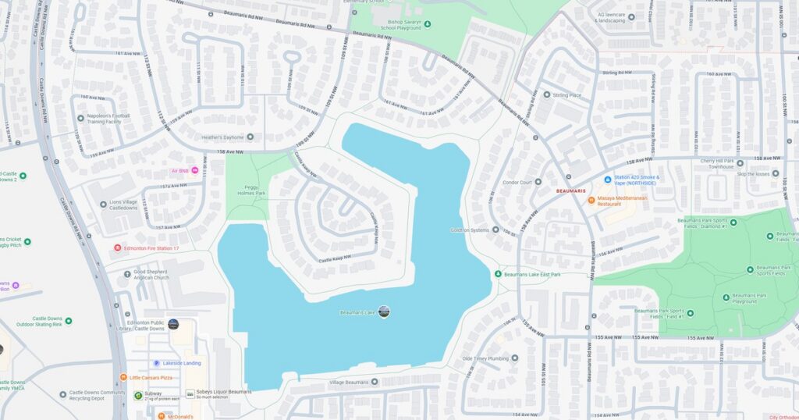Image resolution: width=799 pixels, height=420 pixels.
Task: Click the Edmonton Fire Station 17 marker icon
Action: (x=117, y=248)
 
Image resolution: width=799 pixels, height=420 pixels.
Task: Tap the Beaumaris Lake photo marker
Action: (x=383, y=312)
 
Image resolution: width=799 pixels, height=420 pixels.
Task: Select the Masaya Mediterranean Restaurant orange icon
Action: (x=591, y=200)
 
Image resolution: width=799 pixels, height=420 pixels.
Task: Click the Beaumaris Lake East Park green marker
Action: (x=498, y=274)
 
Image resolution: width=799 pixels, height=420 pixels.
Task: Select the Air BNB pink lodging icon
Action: (x=195, y=171)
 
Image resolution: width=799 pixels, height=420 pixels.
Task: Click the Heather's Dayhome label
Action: (x=223, y=137)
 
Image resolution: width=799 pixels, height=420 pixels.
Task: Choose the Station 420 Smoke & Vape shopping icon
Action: (x=607, y=179)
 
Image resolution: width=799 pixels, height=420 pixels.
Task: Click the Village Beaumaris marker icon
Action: (x=375, y=382)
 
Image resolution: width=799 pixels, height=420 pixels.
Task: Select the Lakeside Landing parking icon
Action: (x=156, y=363)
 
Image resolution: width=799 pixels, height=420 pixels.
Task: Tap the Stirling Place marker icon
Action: (x=547, y=94)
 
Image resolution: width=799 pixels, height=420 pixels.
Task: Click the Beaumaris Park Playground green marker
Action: (x=726, y=297)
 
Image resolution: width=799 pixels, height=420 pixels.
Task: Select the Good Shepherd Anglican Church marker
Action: (x=128, y=273)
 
